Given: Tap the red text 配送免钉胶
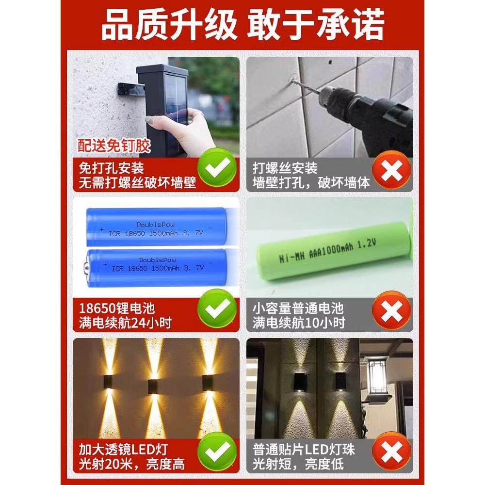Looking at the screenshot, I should [x=114, y=145].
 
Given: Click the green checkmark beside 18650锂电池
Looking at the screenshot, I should [x=218, y=313].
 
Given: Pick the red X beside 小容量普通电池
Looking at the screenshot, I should [x=392, y=313].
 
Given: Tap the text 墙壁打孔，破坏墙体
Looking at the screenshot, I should [x=311, y=183].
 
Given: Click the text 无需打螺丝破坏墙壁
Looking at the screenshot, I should [x=138, y=183].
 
